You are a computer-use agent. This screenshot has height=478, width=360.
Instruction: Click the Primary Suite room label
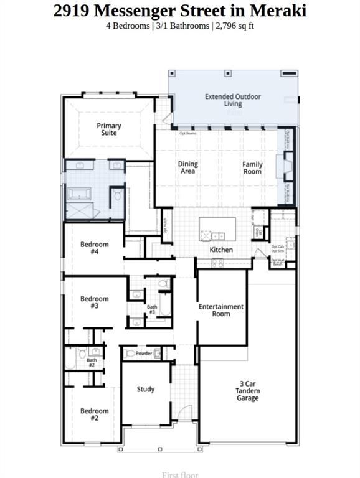[109, 129]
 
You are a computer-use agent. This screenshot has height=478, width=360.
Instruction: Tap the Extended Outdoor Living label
[233, 100]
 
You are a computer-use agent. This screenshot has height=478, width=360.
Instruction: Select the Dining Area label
[187, 167]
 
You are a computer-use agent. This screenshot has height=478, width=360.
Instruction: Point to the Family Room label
[252, 167]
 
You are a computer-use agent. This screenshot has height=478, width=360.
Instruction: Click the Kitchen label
[221, 250]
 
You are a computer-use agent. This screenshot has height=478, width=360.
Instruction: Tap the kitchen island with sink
[217, 230]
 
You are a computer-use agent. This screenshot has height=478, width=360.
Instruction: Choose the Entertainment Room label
[221, 310]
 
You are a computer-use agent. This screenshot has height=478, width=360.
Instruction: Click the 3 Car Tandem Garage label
[247, 391]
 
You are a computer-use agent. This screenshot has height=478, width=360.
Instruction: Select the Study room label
[146, 390]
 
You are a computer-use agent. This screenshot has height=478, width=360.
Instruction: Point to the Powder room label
[144, 354]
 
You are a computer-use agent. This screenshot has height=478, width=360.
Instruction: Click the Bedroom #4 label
[95, 248]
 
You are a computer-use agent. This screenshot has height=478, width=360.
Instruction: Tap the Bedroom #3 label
[95, 302]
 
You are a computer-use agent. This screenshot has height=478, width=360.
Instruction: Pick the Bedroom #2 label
[95, 415]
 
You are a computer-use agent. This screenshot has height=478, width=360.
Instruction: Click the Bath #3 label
[152, 309]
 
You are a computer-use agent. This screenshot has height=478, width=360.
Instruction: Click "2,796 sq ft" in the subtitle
[234, 26]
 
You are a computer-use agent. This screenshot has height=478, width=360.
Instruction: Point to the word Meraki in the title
[278, 10]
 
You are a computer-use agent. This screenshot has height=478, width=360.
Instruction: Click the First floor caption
[180, 474]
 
